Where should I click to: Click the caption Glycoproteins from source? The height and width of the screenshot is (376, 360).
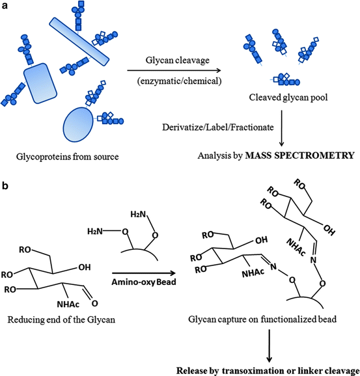pyautogui.click(x=66, y=155)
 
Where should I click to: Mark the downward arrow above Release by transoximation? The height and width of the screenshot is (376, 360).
pyautogui.click(x=270, y=345)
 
